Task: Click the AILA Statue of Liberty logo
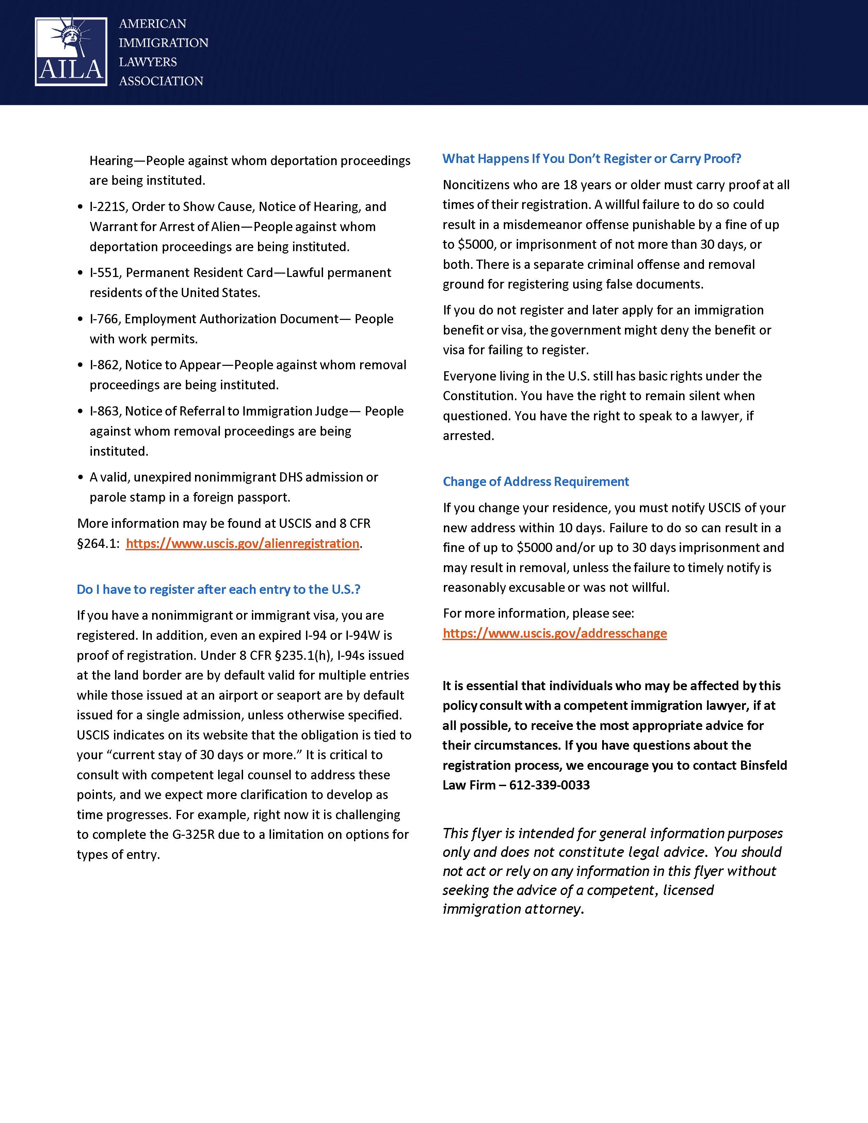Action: click(71, 51)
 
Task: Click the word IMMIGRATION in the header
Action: click(163, 43)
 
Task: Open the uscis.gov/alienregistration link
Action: click(242, 543)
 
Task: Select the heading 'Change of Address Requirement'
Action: click(536, 482)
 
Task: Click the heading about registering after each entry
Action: click(219, 589)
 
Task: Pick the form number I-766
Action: click(105, 319)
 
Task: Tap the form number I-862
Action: click(105, 365)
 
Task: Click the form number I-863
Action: click(105, 411)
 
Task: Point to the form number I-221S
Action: click(109, 207)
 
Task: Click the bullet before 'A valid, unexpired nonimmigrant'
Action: click(80, 478)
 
